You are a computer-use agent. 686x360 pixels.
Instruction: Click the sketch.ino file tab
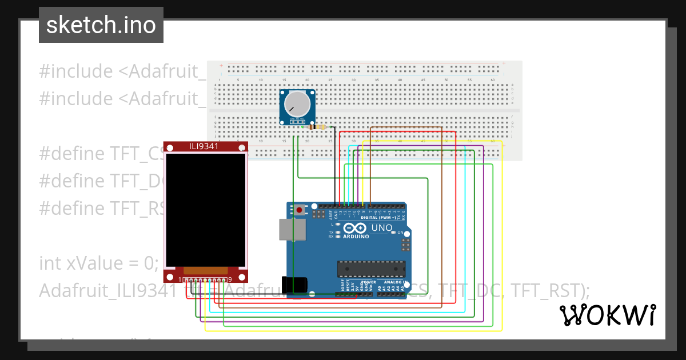(x=101, y=25)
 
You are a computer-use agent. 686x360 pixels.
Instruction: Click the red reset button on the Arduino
(x=300, y=210)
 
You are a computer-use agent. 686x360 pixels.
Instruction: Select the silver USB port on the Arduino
(x=292, y=229)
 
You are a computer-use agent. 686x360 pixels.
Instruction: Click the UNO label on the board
(x=382, y=228)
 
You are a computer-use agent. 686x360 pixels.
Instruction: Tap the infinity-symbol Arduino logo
(x=355, y=228)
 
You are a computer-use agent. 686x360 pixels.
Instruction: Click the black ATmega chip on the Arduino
(x=371, y=269)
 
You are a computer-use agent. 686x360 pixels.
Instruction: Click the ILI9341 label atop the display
(x=205, y=146)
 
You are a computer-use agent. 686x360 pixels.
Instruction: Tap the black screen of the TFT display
(x=205, y=209)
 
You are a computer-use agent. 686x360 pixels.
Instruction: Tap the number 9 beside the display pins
(x=230, y=279)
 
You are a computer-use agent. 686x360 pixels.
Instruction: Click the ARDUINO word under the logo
(x=355, y=235)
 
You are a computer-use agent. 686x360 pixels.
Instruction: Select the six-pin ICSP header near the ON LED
(x=406, y=246)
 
